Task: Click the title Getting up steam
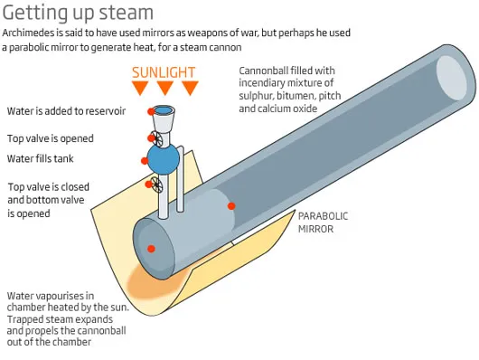(78, 14)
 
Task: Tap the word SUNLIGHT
(164, 72)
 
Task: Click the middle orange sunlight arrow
(165, 88)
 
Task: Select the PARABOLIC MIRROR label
(323, 223)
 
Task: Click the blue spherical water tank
(164, 159)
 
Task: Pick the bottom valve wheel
(156, 185)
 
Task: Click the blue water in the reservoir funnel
(164, 109)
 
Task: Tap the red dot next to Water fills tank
(145, 161)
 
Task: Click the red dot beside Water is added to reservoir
(151, 111)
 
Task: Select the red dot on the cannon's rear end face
(151, 249)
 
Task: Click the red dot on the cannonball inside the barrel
(231, 206)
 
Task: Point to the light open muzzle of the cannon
(452, 78)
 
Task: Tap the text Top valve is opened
(51, 138)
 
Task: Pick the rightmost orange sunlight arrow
(191, 88)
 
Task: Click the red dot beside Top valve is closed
(149, 185)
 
